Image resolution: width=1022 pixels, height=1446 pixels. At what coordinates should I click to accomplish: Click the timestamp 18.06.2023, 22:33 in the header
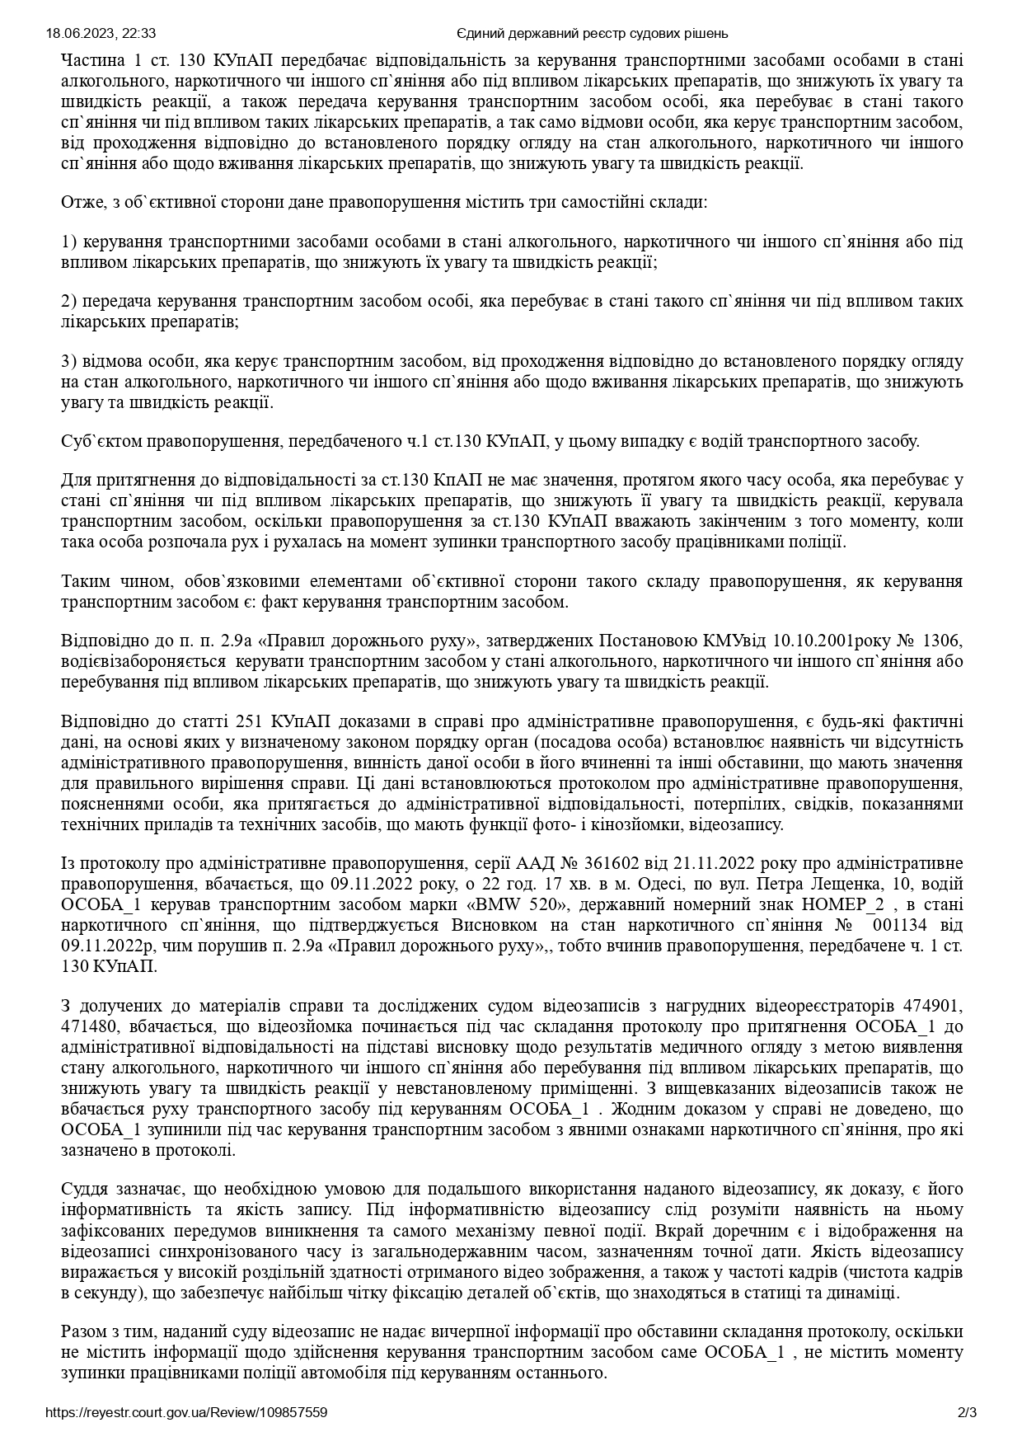tap(101, 34)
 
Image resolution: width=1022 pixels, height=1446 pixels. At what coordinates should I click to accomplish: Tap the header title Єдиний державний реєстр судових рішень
tap(592, 34)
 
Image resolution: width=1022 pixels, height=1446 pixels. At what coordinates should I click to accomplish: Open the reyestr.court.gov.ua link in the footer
tap(187, 1412)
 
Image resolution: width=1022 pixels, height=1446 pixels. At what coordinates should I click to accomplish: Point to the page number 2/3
tap(967, 1412)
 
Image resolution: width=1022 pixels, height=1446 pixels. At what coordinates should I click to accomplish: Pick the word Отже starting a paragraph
tap(80, 202)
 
